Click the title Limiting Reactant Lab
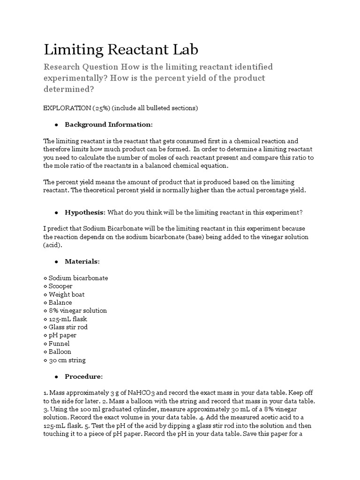[121, 50]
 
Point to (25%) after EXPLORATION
[99, 108]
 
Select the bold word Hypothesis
[85, 212]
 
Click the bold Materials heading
[82, 261]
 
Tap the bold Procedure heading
[83, 376]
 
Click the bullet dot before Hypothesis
[56, 212]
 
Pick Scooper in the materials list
[60, 286]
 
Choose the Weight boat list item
[67, 294]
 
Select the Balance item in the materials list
[60, 302]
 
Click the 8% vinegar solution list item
[77, 311]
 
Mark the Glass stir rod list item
[68, 327]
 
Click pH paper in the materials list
[62, 335]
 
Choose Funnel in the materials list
[60, 344]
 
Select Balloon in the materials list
[60, 352]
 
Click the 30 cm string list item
[67, 360]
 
